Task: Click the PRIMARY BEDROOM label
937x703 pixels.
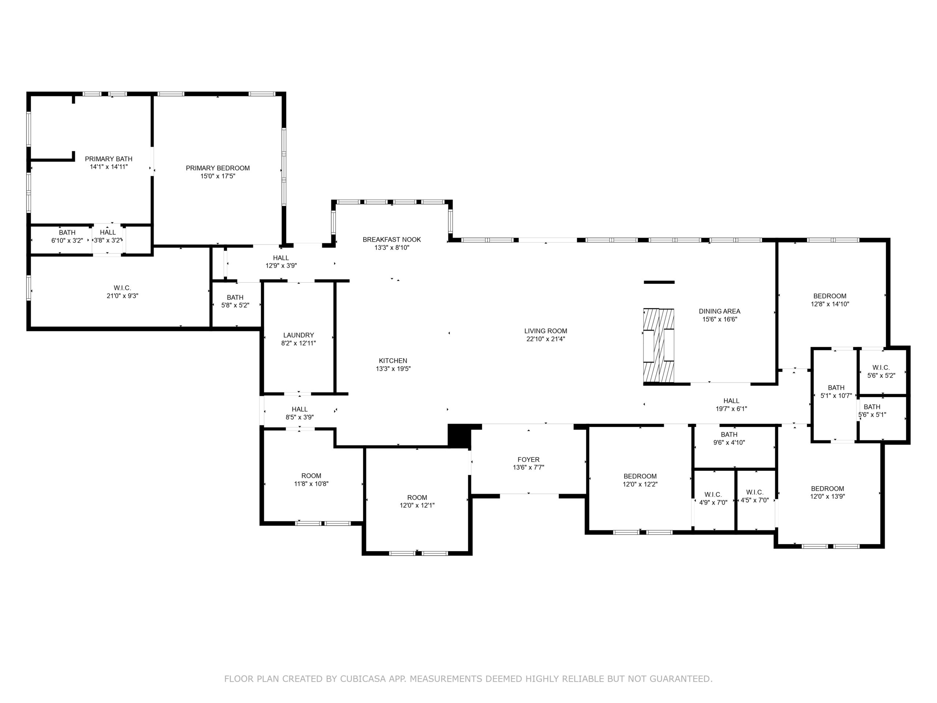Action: pyautogui.click(x=218, y=168)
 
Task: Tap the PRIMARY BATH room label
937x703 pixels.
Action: pyautogui.click(x=108, y=159)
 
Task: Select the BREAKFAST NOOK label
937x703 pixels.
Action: pyautogui.click(x=392, y=239)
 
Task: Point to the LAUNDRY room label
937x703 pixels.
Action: pyautogui.click(x=299, y=335)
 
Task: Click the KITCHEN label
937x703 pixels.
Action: pyautogui.click(x=393, y=361)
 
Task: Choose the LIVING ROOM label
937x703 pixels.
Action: pyautogui.click(x=546, y=331)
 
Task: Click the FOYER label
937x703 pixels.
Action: pyautogui.click(x=529, y=460)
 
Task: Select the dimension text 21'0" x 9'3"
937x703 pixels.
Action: pyautogui.click(x=122, y=296)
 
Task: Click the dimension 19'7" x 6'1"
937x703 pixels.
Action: pyautogui.click(x=732, y=409)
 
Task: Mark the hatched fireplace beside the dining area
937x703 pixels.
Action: pyautogui.click(x=659, y=346)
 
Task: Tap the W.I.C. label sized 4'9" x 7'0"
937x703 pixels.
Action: pyautogui.click(x=713, y=495)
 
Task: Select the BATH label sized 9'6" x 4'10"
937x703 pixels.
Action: pyautogui.click(x=729, y=434)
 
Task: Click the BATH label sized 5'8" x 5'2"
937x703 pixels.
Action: pyautogui.click(x=235, y=297)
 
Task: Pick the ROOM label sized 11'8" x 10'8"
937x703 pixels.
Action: pyautogui.click(x=311, y=476)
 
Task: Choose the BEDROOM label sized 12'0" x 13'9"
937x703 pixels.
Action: pyautogui.click(x=828, y=488)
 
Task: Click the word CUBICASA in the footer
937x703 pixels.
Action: pyautogui.click(x=363, y=679)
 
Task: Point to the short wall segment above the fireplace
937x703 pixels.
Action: pyautogui.click(x=659, y=282)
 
